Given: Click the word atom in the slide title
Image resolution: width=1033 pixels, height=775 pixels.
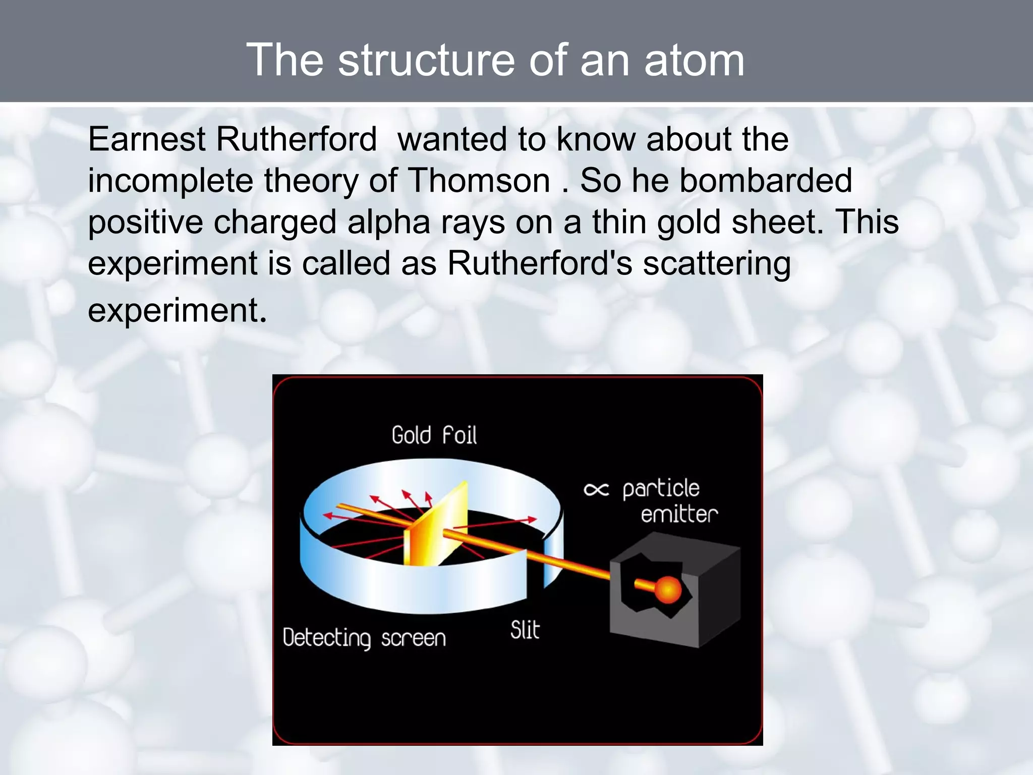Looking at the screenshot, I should pyautogui.click(x=694, y=61).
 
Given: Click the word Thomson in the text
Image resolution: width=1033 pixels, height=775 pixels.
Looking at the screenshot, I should pyautogui.click(x=478, y=181).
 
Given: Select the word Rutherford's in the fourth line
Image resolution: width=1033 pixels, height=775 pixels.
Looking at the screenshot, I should pyautogui.click(x=540, y=264).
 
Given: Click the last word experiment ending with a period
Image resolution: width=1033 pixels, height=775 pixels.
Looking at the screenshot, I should pyautogui.click(x=177, y=310).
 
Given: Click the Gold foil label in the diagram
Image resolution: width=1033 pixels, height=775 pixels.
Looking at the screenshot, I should pyautogui.click(x=434, y=435).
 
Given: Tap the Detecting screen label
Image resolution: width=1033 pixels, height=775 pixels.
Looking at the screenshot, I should pyautogui.click(x=364, y=638).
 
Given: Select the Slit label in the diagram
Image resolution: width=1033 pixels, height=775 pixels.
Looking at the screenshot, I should pyautogui.click(x=525, y=630).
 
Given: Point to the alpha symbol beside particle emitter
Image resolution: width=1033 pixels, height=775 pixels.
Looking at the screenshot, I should pyautogui.click(x=596, y=489).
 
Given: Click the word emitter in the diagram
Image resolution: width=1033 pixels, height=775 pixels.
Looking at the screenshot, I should pyautogui.click(x=679, y=515).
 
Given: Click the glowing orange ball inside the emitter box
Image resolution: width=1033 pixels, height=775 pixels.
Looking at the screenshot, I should pyautogui.click(x=668, y=589).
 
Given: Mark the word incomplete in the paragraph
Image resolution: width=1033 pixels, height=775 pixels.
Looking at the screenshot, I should pyautogui.click(x=170, y=181).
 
